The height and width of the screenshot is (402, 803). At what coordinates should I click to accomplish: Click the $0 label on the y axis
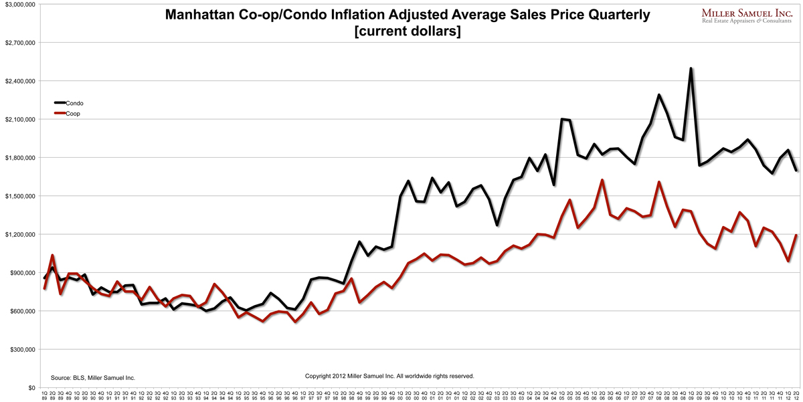point(31,388)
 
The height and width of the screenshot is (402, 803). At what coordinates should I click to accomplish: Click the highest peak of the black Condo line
point(691,68)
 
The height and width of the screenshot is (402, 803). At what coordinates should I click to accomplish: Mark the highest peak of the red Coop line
point(602,180)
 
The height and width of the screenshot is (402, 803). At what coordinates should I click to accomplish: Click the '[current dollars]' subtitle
point(407,31)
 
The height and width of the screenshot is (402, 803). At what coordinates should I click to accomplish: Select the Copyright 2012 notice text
point(389,376)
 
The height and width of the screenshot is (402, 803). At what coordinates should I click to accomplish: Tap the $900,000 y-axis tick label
point(23,273)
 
